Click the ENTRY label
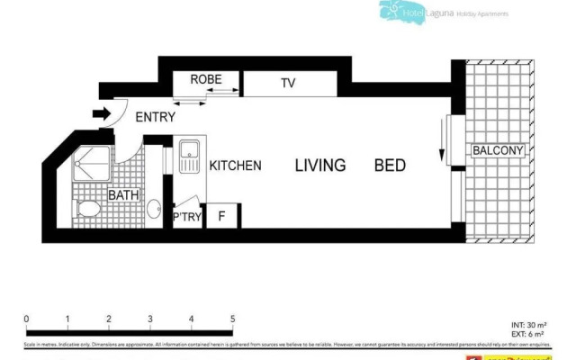(155, 116)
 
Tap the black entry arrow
(101, 114)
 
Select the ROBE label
(206, 80)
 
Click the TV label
(287, 84)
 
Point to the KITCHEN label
(235, 166)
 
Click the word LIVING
(321, 166)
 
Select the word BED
(391, 166)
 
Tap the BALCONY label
(498, 151)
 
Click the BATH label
(123, 195)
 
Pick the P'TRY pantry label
(186, 217)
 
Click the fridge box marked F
(222, 216)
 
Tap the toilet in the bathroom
(89, 211)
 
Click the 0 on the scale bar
(27, 319)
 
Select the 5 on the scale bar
(232, 319)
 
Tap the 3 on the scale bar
(149, 319)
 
